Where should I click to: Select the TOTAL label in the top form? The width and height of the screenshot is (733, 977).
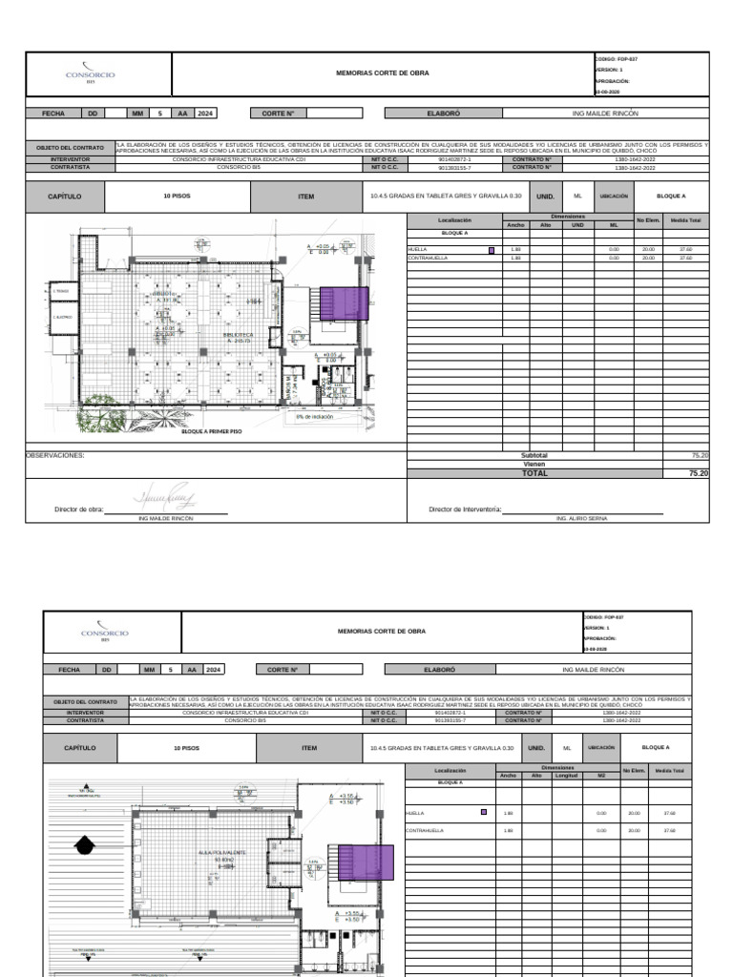tap(534, 473)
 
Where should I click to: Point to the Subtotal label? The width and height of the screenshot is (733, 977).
tap(534, 456)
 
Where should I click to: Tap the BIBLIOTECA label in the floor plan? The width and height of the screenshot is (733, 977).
tap(239, 336)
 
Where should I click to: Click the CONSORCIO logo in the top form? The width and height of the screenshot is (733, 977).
tap(90, 74)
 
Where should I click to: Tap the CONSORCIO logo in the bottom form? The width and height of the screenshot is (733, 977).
tap(105, 634)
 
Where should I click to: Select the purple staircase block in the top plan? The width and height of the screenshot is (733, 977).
tap(344, 303)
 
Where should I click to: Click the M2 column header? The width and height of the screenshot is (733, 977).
tap(601, 775)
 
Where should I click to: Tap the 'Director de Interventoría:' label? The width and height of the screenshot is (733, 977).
tap(465, 510)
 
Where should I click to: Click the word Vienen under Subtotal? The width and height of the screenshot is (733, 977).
tap(534, 465)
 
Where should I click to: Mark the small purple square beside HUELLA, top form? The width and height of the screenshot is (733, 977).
tap(492, 250)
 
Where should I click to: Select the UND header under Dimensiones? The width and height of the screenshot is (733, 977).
tap(577, 225)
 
